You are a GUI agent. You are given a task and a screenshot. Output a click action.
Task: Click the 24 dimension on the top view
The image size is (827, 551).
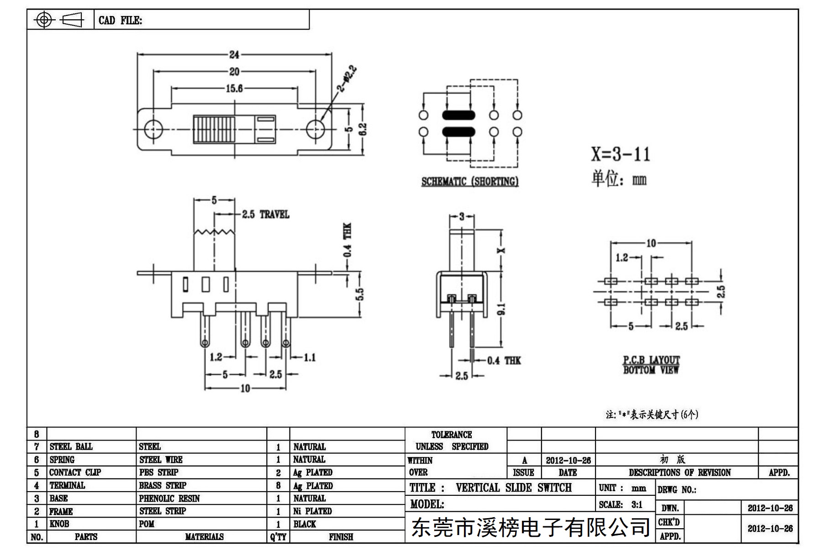coord(234,55)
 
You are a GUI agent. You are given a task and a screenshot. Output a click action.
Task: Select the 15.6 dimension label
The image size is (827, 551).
coord(234,88)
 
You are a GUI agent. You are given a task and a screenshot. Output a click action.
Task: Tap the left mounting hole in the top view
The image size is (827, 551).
coord(153,130)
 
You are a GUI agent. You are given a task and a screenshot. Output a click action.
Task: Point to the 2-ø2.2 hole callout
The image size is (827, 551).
coord(347,79)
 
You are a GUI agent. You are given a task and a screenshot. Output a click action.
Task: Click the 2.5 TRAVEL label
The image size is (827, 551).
coord(265,215)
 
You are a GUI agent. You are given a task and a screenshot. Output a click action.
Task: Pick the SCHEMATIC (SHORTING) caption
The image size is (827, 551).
coord(470,182)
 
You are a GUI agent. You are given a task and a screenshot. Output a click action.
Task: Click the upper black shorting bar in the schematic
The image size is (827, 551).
coord(458,115)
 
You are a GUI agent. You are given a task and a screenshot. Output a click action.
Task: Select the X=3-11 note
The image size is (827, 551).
coord(621,154)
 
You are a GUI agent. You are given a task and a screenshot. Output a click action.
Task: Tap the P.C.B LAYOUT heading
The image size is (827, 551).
coord(652,360)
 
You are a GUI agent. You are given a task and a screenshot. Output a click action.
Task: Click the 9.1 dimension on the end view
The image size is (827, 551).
coord(501,310)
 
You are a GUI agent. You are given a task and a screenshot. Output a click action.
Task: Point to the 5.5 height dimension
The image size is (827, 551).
coord(360,294)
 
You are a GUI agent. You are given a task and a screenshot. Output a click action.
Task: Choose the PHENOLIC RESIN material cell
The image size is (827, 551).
coord(169,499)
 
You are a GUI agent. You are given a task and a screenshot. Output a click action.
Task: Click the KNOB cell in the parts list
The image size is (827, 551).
coord(59,524)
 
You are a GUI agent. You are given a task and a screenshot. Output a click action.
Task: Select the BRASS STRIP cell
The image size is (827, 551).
coord(163,486)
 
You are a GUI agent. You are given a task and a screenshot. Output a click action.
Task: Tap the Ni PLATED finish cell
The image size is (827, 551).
coord(312,511)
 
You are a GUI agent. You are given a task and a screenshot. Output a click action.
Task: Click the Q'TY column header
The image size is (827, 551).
coord(278,537)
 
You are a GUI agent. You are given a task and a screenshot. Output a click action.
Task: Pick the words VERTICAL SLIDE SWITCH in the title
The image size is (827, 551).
coord(514,488)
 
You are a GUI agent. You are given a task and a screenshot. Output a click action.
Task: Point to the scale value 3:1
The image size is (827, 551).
coord(637,505)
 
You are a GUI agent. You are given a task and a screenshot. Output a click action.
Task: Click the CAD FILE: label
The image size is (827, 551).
coord(121,21)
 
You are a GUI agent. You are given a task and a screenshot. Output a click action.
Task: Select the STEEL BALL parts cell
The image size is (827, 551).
coord(71,446)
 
